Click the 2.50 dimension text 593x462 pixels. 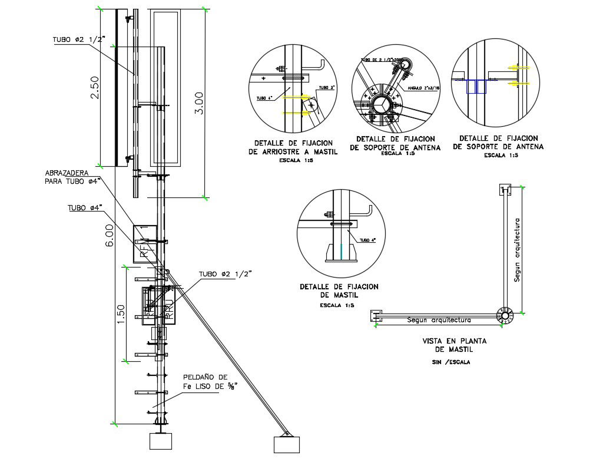coord(94,88)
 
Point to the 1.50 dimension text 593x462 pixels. coord(121,313)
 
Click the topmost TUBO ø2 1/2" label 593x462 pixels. coord(78,39)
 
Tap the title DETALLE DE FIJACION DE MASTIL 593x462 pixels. coord(339,291)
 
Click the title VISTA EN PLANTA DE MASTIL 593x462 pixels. coord(449,345)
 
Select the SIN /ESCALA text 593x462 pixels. coord(451,362)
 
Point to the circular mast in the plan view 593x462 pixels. coord(504,315)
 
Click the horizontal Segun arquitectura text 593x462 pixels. coord(439,321)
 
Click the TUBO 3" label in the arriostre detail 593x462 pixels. coord(326,88)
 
